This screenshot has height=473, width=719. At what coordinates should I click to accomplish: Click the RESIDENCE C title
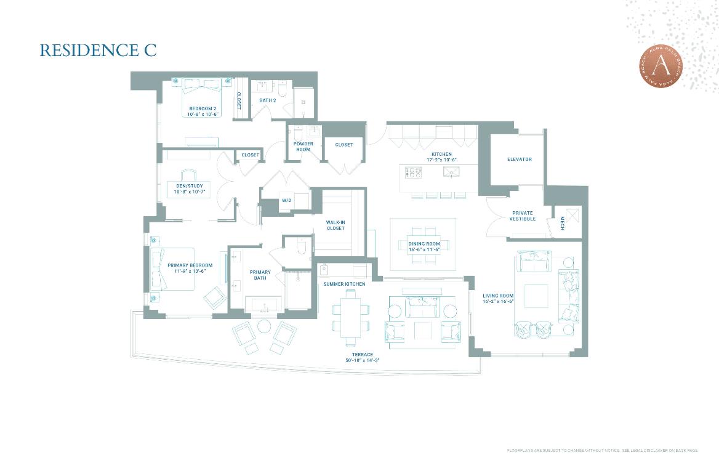pos(98,51)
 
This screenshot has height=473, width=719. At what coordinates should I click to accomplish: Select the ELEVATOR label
pos(519,160)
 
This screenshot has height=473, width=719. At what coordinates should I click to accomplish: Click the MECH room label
pos(562,225)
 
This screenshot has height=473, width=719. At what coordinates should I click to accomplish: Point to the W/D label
pos(286,201)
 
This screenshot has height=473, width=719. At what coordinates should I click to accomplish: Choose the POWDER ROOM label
pos(303,147)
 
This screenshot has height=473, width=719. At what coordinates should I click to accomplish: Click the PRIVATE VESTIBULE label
pos(522,216)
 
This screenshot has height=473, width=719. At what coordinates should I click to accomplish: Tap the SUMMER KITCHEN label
pos(344,284)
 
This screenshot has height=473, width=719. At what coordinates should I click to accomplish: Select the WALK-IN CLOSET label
pos(335,225)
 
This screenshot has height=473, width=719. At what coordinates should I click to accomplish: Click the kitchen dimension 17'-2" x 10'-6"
pos(441,160)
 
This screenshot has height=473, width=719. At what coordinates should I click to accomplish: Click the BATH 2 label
pos(267,100)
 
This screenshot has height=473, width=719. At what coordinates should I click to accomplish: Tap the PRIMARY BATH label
pos(260,275)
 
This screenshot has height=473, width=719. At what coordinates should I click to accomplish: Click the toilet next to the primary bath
pos(301,248)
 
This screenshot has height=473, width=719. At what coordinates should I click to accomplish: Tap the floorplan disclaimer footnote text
pos(602,451)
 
